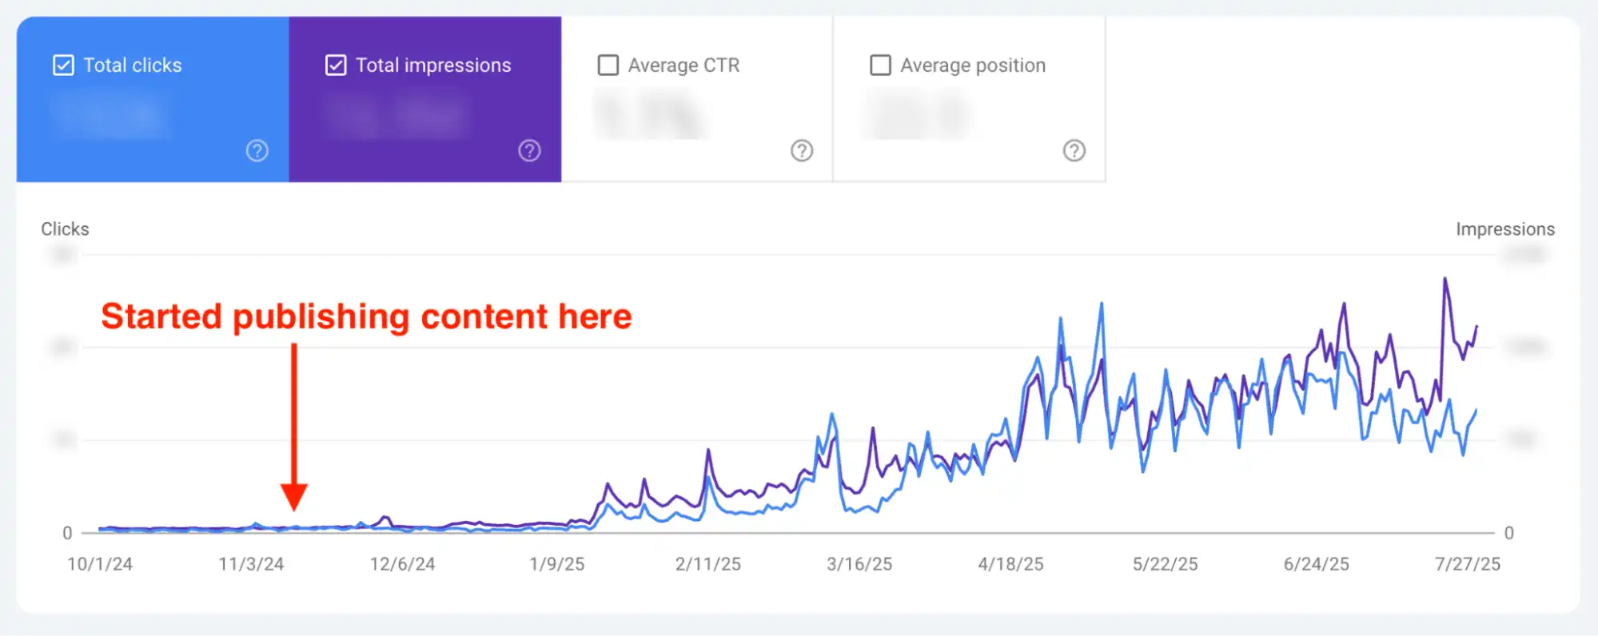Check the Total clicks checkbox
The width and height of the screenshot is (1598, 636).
click(63, 65)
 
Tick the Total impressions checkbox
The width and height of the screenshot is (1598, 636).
click(336, 65)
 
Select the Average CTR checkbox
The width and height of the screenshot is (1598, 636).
click(608, 65)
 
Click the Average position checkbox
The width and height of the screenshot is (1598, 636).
click(880, 65)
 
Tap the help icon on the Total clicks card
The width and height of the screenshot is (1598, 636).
click(257, 150)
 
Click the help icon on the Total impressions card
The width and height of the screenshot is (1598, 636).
click(529, 150)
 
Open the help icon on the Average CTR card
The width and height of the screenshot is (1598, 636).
click(802, 150)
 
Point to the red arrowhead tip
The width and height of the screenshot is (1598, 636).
click(294, 508)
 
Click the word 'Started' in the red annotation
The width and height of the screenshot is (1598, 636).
click(161, 316)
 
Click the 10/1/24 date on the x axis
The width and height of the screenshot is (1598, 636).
click(100, 564)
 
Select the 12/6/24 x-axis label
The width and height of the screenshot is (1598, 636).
click(402, 564)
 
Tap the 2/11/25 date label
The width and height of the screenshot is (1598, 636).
click(707, 564)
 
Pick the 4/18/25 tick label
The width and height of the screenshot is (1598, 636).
click(1010, 564)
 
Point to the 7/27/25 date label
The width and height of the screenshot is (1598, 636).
click(1467, 564)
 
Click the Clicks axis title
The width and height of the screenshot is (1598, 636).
click(65, 229)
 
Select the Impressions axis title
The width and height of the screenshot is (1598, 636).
click(1504, 229)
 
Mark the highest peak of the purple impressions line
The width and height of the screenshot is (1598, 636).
click(1445, 279)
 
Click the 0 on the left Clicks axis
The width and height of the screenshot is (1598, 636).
click(67, 533)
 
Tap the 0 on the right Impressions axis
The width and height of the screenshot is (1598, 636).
click(1508, 533)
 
